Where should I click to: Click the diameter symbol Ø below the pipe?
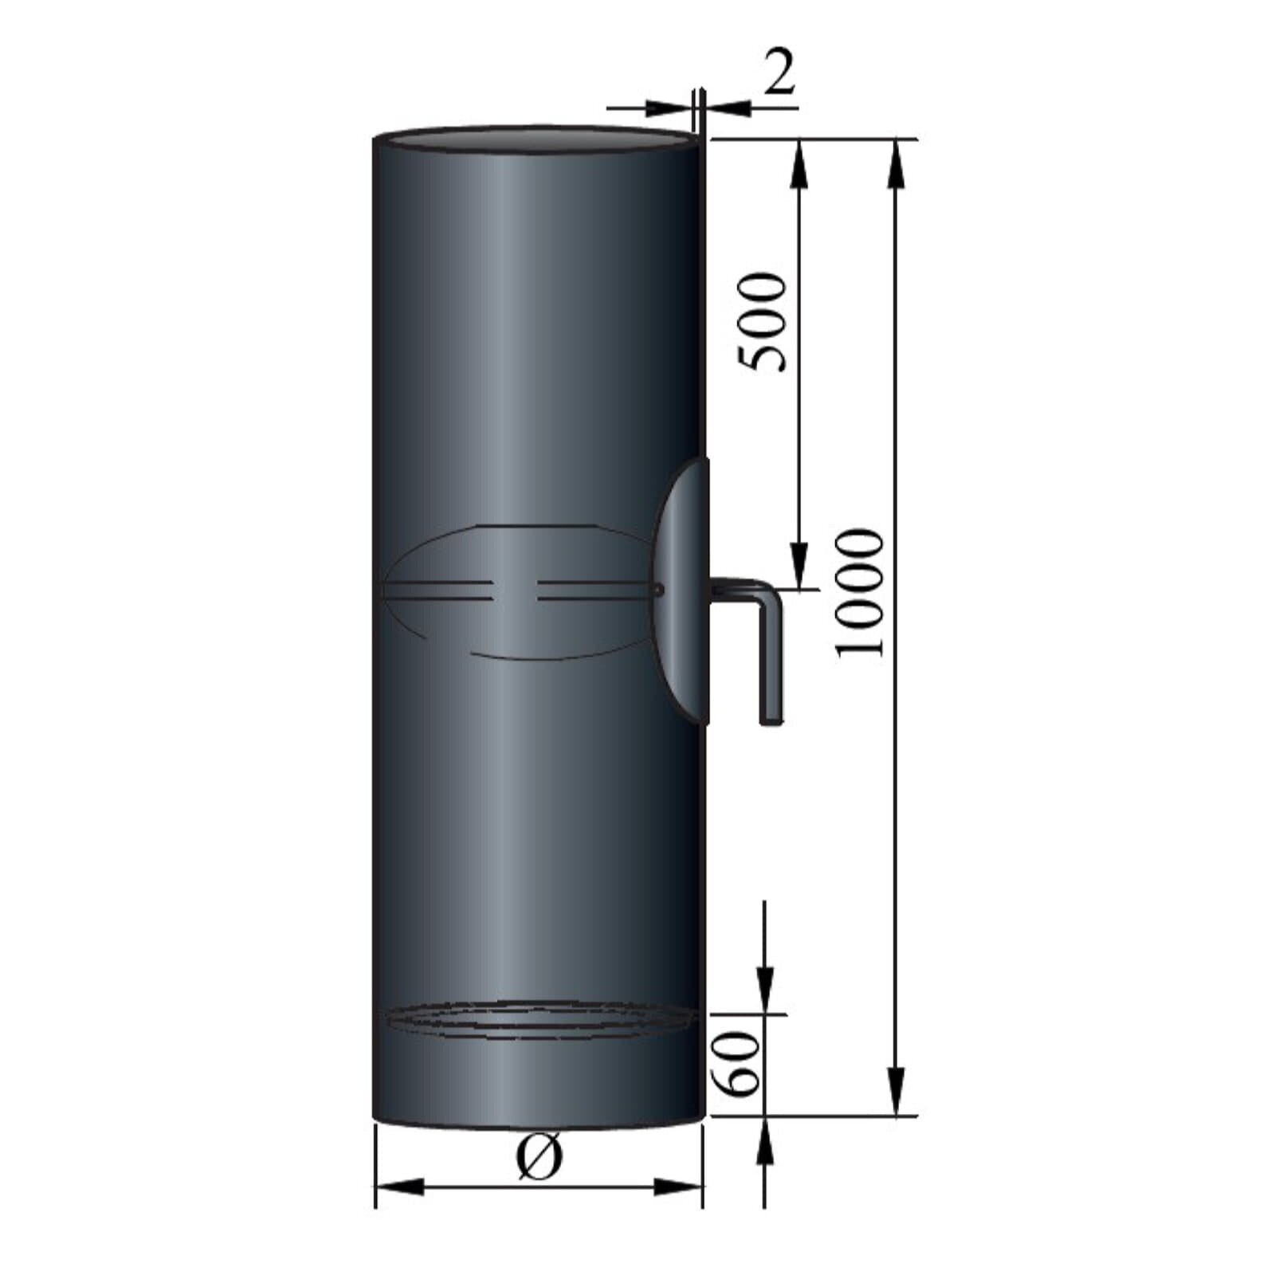pos(539,1157)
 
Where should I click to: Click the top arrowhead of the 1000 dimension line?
pos(897,163)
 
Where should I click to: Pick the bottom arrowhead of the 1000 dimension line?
pos(897,1092)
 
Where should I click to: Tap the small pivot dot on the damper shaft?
pos(658,590)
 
